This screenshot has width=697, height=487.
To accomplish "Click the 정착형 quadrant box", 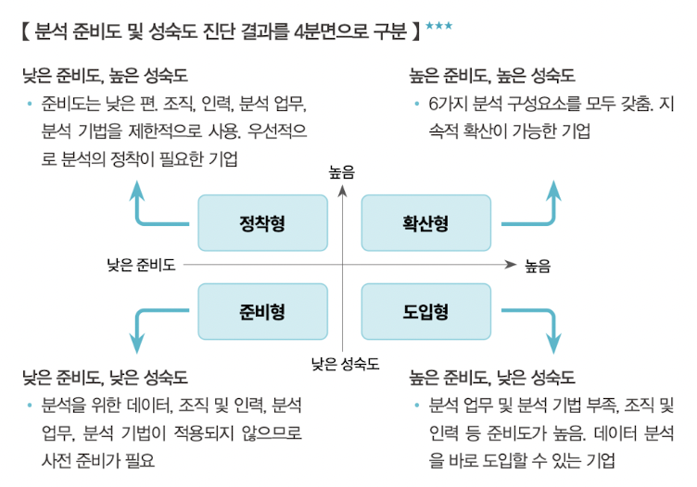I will (x=262, y=223).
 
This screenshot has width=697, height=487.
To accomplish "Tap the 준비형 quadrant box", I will (x=262, y=311).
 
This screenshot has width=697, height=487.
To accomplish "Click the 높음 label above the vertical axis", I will (x=342, y=172).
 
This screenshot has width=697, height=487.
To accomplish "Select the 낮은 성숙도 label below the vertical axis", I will (x=345, y=364).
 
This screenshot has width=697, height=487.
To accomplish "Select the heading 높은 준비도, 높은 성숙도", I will (x=491, y=75).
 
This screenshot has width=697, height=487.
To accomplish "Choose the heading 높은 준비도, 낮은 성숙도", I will (x=491, y=378).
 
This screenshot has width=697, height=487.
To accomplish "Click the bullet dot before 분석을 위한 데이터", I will (x=30, y=406).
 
